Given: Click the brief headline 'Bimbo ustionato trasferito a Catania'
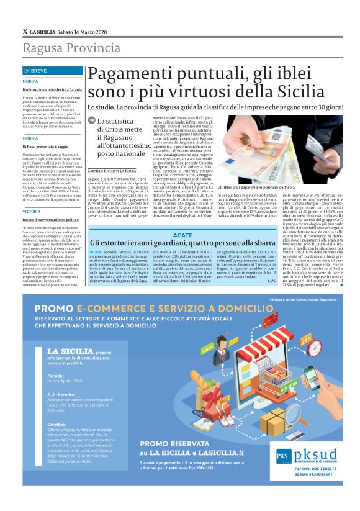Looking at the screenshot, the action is (x=49, y=90).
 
